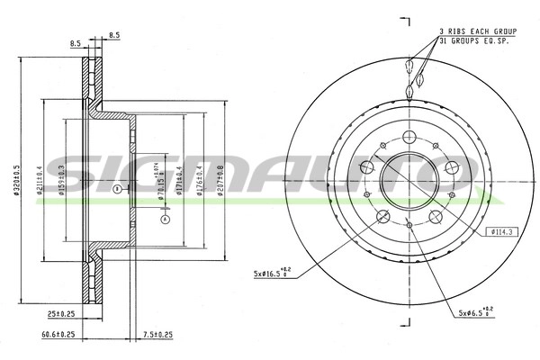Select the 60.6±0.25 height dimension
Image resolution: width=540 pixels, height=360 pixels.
click(x=59, y=334)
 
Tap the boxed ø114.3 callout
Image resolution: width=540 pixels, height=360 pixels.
click(x=502, y=232)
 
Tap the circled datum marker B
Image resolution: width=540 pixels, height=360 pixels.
click(x=117, y=189)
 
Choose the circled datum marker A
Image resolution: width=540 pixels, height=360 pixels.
click(x=164, y=218)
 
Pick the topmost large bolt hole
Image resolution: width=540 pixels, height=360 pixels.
click(x=410, y=137)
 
